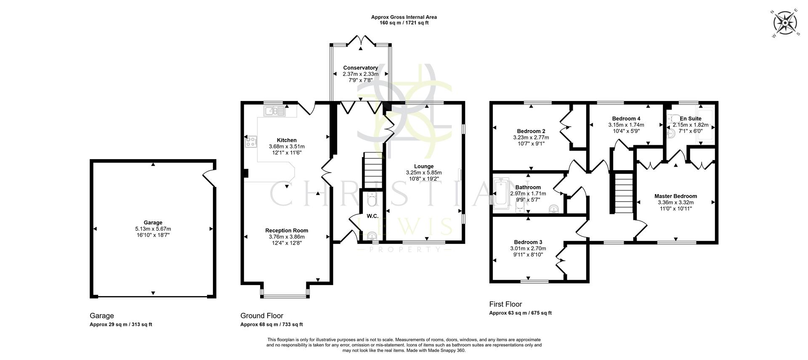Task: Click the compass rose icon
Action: click(x=785, y=23)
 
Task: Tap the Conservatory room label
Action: click(x=360, y=68)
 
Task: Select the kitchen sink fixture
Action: click(x=274, y=111)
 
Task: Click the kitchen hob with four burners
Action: click(x=251, y=141)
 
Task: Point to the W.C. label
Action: click(x=372, y=216)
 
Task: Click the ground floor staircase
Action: click(x=372, y=170)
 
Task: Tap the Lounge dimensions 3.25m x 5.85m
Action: click(x=423, y=173)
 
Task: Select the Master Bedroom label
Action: click(x=675, y=196)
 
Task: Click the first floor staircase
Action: click(x=622, y=194)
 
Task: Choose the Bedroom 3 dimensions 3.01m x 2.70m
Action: click(x=528, y=248)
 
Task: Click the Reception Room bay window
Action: click(x=285, y=296)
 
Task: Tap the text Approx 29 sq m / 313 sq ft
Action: click(x=121, y=325)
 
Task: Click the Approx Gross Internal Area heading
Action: click(x=404, y=17)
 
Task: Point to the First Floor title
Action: click(x=505, y=304)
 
